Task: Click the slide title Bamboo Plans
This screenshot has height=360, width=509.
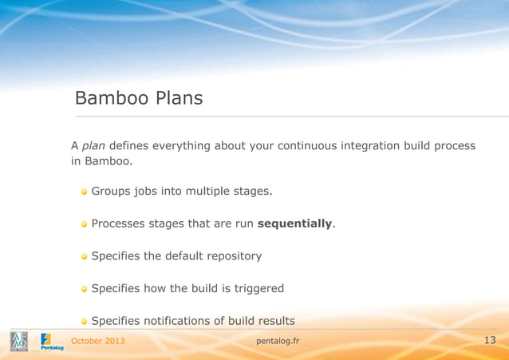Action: (138, 98)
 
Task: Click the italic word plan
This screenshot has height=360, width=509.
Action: (93, 146)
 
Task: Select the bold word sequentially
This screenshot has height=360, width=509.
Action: (294, 224)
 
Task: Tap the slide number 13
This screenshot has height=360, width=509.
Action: (489, 341)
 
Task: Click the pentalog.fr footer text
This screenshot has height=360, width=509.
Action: (278, 341)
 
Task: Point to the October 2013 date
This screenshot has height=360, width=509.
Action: (98, 341)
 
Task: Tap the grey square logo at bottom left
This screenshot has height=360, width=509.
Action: (19, 342)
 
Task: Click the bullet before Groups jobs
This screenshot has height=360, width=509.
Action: (84, 192)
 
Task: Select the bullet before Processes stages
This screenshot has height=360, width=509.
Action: (84, 224)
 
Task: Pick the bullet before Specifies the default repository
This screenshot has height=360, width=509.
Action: (84, 256)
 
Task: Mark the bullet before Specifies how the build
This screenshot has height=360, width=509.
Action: (84, 289)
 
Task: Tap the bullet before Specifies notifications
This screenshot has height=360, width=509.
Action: (84, 321)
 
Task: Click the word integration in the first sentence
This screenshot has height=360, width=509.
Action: (370, 146)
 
